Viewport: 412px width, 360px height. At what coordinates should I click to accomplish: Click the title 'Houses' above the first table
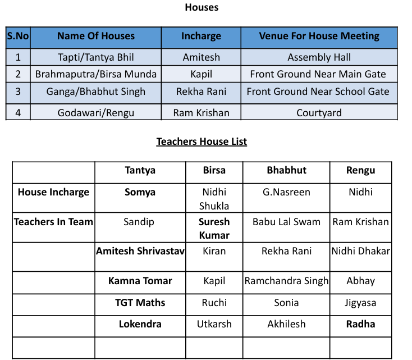pos(202,7)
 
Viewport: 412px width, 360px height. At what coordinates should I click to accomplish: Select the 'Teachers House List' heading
pos(202,142)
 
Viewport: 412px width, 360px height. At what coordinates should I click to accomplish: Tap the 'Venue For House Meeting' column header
pos(319,37)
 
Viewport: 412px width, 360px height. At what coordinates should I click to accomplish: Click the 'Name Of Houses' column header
pos(96,37)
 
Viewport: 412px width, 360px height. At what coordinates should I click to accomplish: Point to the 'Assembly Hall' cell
pos(319,57)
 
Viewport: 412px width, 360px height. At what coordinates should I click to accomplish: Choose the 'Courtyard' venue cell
pos(319,113)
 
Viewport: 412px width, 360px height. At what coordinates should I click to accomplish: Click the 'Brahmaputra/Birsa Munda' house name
pos(96,74)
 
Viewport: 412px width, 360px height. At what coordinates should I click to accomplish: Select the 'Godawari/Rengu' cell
pos(96,113)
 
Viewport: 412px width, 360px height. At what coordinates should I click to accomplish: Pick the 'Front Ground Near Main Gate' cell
pos(319,74)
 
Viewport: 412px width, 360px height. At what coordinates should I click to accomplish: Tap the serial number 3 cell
pos(18,92)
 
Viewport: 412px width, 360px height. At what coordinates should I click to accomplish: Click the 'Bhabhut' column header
pos(286,170)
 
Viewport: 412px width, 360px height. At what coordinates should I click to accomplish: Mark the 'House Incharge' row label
pos(53,192)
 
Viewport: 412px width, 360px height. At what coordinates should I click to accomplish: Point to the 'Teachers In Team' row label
pos(53,222)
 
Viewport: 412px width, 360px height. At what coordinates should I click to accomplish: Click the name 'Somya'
pos(140,192)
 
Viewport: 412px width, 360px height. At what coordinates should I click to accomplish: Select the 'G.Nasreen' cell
pos(286,192)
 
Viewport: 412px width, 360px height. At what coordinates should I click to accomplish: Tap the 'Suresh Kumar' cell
pos(214,228)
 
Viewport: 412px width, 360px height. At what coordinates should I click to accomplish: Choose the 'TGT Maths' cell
pos(140,303)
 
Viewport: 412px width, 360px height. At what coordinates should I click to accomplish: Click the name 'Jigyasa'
pos(360,303)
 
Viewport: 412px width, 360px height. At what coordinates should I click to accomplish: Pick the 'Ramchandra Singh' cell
pos(286,281)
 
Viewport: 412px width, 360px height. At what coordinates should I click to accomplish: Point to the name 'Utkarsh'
pos(214,324)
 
